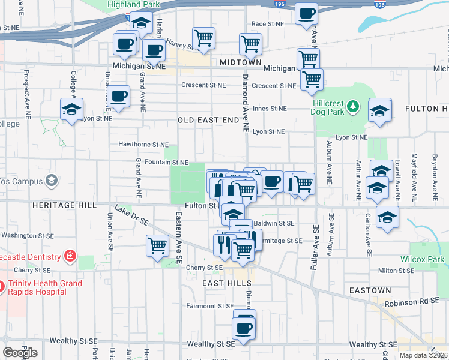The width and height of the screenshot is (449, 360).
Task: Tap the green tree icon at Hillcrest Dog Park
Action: coord(354,107)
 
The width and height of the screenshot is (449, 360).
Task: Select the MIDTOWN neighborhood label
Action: coord(241,62)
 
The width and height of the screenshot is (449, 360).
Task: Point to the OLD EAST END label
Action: coord(208,120)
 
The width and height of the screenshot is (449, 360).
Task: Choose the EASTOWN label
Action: coord(370,290)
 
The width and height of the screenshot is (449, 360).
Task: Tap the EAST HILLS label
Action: coord(221,283)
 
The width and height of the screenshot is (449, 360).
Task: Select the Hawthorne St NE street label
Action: coord(143,145)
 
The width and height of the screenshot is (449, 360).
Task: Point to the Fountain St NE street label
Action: coord(163,163)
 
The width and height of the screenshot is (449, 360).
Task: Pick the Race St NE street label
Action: coord(267,24)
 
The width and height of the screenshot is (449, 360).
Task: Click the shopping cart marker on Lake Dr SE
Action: coord(157,245)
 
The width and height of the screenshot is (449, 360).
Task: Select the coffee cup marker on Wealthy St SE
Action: coord(244,328)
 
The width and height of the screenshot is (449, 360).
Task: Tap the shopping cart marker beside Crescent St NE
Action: coord(312,80)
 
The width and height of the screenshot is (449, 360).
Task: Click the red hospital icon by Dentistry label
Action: coord(70,256)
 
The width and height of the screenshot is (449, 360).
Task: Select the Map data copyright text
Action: coord(423,355)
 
